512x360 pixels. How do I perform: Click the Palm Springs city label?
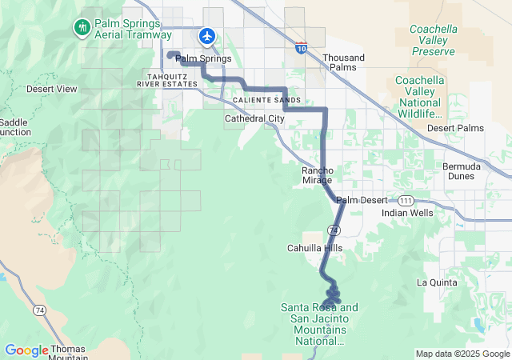(x=203, y=58)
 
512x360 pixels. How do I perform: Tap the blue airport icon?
(x=207, y=35)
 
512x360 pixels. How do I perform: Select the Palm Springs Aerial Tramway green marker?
(x=82, y=28)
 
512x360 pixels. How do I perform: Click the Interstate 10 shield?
(x=301, y=47)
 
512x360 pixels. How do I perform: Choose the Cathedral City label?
(x=254, y=118)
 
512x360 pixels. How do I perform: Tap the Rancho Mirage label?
(x=317, y=175)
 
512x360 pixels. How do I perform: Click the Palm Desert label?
(x=362, y=200)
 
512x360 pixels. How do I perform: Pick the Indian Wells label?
(x=407, y=213)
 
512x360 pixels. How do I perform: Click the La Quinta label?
(x=437, y=282)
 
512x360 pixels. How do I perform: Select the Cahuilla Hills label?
(x=314, y=248)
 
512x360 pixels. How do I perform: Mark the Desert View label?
(x=51, y=89)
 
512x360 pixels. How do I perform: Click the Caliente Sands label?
(x=267, y=100)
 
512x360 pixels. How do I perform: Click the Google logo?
(x=26, y=350)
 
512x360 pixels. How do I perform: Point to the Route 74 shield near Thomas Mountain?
(x=39, y=309)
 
